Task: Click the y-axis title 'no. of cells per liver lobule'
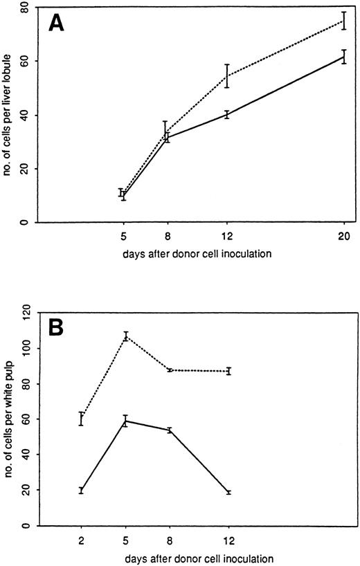9,114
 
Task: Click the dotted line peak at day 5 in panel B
126,336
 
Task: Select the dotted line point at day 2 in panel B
82,419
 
